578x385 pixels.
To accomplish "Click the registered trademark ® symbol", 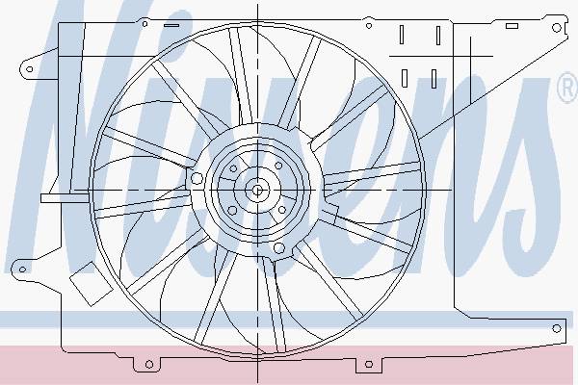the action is point(567,89).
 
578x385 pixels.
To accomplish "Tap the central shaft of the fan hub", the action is point(257,191).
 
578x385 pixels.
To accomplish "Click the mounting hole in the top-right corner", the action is point(556,27).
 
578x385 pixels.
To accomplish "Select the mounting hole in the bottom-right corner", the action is point(556,328).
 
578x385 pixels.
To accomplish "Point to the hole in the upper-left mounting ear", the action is point(30,69).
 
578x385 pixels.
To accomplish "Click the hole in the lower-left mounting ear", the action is point(22,269).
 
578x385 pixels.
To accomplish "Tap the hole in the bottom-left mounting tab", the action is point(149,365).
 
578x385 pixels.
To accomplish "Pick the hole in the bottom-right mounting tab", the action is point(369,365).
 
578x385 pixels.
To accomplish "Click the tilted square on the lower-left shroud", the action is point(91,283).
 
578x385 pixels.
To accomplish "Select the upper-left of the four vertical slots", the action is point(402,35).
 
